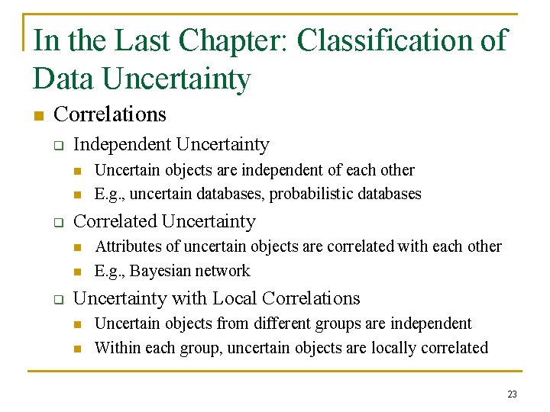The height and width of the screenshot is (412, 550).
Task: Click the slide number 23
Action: point(512,394)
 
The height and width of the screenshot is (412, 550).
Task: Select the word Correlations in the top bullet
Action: point(110,114)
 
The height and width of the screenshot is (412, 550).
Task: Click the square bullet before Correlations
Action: point(38,116)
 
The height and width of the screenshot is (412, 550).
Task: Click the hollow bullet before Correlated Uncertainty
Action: point(57,223)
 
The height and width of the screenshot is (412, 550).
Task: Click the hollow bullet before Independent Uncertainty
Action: point(57,146)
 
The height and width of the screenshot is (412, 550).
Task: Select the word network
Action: point(225,271)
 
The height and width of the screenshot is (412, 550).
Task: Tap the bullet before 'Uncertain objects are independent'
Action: point(76,171)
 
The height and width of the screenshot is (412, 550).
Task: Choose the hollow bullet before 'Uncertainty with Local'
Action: point(57,300)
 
